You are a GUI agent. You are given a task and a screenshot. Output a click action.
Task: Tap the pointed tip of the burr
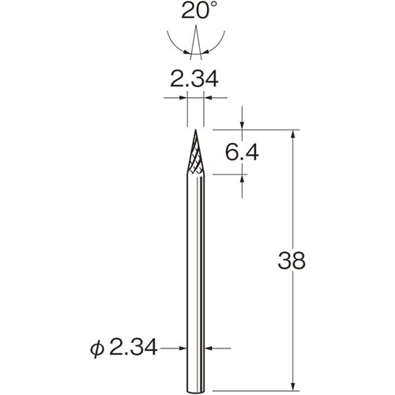click(x=194, y=130)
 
